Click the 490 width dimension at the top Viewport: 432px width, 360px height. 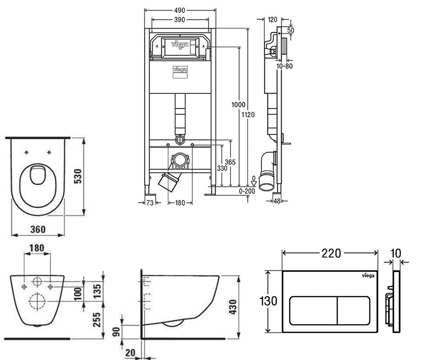click(179, 10)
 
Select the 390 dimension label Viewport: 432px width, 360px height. click(179, 20)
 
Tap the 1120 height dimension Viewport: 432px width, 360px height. click(248, 114)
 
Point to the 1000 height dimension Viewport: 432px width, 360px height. click(238, 105)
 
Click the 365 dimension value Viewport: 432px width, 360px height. click(230, 162)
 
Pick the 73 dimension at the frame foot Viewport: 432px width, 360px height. click(150, 203)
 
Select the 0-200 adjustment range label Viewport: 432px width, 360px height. click(247, 191)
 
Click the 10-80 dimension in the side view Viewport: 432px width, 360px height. click(284, 66)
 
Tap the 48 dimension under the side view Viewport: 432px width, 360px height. click(277, 201)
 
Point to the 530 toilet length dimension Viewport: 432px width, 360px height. click(78, 176)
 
